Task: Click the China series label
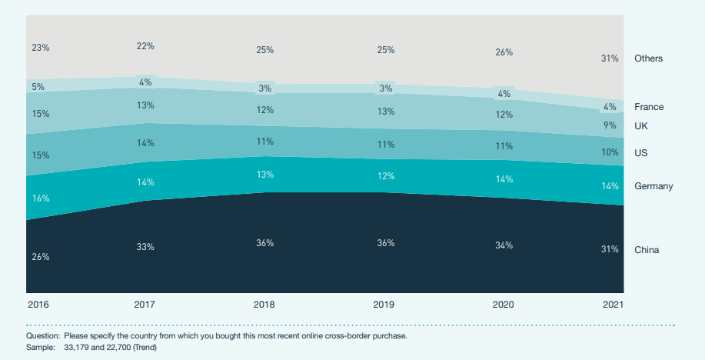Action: click(647, 250)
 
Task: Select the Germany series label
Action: click(653, 186)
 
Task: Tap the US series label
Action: click(641, 153)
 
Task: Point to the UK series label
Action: click(641, 125)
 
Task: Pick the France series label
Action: click(649, 107)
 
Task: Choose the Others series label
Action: click(648, 58)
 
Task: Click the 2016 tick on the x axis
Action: click(38, 305)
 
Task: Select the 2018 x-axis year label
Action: click(264, 305)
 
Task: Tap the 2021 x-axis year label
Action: click(612, 305)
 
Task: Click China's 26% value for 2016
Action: click(41, 257)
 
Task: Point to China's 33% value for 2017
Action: click(145, 247)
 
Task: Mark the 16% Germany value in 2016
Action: click(41, 198)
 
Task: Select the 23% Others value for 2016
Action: click(41, 48)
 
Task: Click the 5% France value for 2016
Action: click(38, 87)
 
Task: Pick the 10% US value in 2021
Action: click(610, 152)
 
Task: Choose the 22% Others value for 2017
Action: click(145, 46)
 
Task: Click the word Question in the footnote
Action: click(43, 336)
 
